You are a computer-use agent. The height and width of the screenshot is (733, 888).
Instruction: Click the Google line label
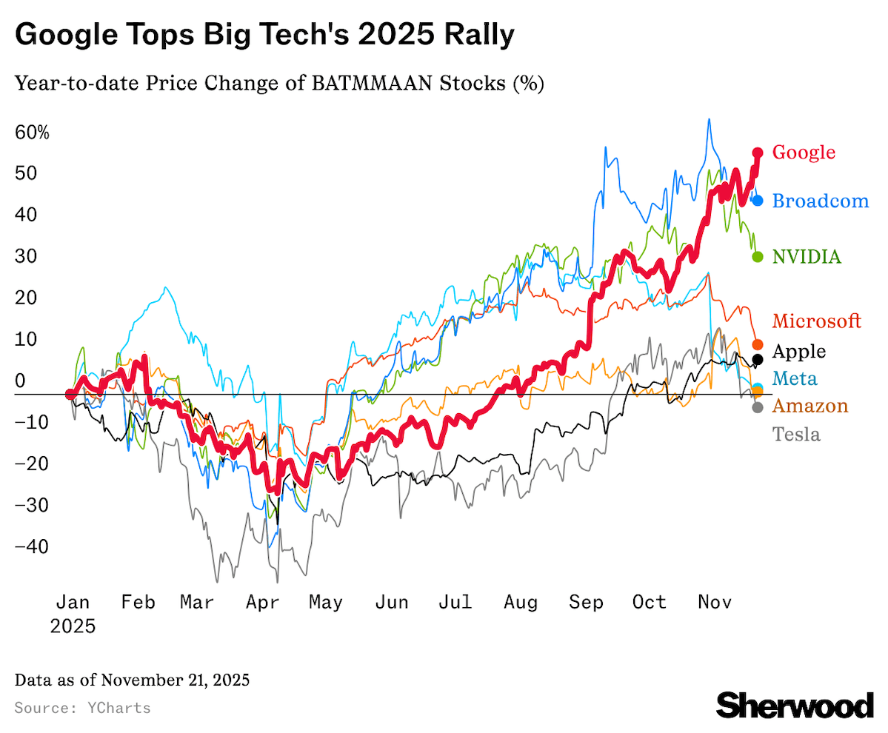pos(804,153)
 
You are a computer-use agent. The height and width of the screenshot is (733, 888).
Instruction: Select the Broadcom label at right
pos(820,200)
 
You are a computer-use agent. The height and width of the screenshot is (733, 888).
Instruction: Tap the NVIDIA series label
pos(807,257)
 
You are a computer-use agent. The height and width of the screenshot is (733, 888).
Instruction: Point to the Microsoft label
pos(817,321)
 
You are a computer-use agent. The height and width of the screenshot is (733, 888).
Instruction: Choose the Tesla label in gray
pos(796,434)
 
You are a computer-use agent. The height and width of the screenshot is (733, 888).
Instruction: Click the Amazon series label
pos(810,406)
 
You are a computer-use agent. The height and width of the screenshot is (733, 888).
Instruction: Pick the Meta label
pos(795,379)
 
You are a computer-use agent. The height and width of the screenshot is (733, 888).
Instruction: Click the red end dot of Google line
pos(758,153)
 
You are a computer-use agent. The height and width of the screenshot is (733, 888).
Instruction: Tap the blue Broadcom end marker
pos(758,200)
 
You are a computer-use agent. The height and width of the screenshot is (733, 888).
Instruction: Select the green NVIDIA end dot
pos(758,257)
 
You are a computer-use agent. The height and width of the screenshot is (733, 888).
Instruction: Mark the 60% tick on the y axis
pos(32,133)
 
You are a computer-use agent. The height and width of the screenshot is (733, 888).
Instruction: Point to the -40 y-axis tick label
pos(32,547)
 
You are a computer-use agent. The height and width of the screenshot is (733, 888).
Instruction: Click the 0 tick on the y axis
pos(21,381)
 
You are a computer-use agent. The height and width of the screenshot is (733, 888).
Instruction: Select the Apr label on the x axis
pos(263,603)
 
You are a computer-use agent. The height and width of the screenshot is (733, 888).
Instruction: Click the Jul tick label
pos(455,603)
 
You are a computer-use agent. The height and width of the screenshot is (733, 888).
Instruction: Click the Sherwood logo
pos(795,704)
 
